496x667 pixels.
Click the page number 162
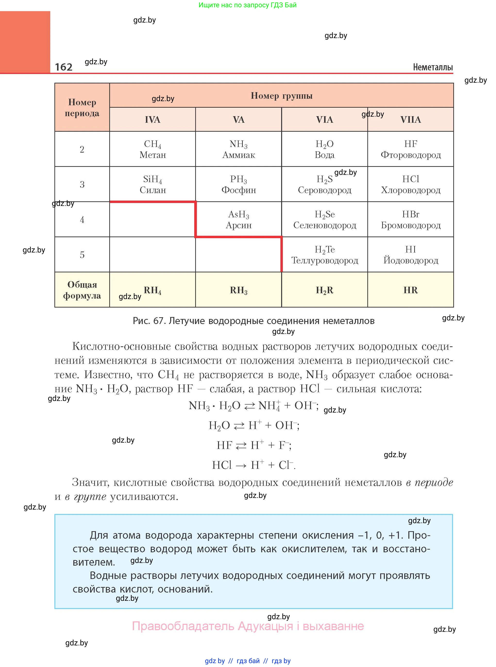click(x=64, y=67)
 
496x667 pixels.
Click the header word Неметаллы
click(x=433, y=67)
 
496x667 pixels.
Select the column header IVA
click(x=152, y=120)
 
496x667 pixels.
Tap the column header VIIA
click(x=411, y=120)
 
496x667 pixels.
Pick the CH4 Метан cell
click(x=152, y=149)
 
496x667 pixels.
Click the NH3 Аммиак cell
click(x=238, y=149)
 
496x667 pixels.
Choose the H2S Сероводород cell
click(x=324, y=184)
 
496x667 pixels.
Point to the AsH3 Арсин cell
click(x=238, y=220)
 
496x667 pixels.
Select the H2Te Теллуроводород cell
click(x=324, y=255)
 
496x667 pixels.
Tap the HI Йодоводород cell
click(x=411, y=255)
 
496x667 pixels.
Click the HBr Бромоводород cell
click(x=411, y=220)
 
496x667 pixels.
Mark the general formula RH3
click(x=238, y=290)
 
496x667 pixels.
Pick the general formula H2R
click(x=324, y=290)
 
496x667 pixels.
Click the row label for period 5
click(x=82, y=255)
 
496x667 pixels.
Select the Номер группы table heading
click(x=281, y=96)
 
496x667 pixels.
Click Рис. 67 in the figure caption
click(x=149, y=321)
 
